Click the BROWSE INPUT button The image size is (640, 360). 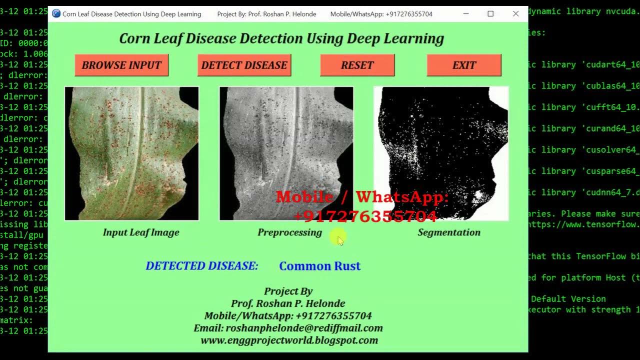pyautogui.click(x=121, y=65)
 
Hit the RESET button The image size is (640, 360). pyautogui.click(x=357, y=65)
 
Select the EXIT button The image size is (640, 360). pyautogui.click(x=464, y=65)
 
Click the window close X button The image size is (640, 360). pyautogui.click(x=515, y=14)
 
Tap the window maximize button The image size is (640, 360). pyautogui.click(x=490, y=14)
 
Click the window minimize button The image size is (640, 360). pyautogui.click(x=465, y=14)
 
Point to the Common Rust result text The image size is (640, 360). pyautogui.click(x=319, y=266)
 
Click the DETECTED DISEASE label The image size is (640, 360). pyautogui.click(x=201, y=266)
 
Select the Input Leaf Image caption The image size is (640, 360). pyautogui.click(x=141, y=232)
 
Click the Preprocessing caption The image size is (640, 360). pyautogui.click(x=289, y=232)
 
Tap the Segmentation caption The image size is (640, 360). pyautogui.click(x=449, y=232)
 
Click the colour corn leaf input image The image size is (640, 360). pyautogui.click(x=132, y=153)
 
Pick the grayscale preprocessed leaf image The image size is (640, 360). pyautogui.click(x=286, y=153)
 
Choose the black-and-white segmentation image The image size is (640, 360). pyautogui.click(x=441, y=153)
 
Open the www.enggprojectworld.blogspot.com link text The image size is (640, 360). pyautogui.click(x=289, y=340)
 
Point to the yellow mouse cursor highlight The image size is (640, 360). pyautogui.click(x=338, y=238)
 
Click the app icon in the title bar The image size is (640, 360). pyautogui.click(x=56, y=14)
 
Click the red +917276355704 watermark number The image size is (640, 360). pyautogui.click(x=365, y=216)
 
